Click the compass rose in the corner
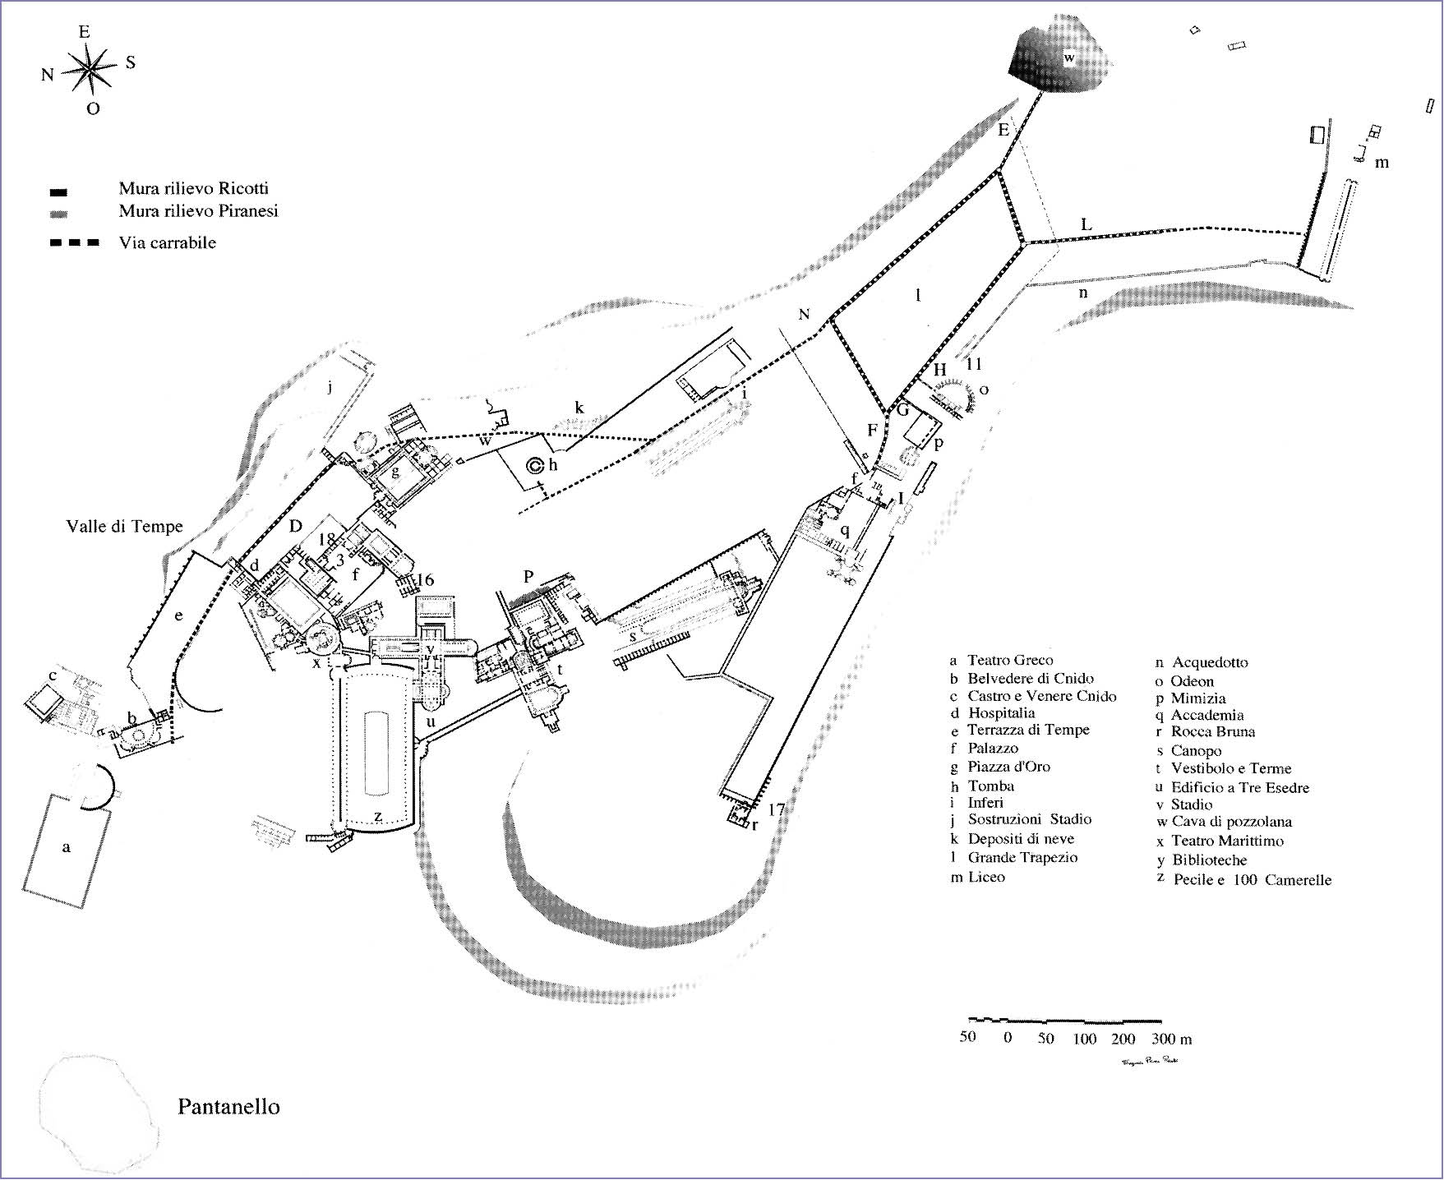(89, 69)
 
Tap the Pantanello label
(228, 1107)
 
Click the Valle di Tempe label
(124, 527)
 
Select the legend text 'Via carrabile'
(167, 242)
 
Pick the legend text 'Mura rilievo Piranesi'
(198, 211)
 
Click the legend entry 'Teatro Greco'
(1009, 660)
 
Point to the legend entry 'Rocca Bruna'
(1212, 731)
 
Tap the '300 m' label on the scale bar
(1171, 1039)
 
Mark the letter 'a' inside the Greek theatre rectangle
(67, 847)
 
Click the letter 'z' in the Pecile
(377, 816)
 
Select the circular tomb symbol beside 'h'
(534, 465)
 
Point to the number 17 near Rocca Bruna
(776, 810)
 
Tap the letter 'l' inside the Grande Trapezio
(918, 295)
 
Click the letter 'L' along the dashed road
(1086, 224)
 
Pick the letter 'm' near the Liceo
(1382, 163)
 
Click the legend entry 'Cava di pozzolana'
(1231, 822)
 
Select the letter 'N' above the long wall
(804, 314)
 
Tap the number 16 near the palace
(424, 580)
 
